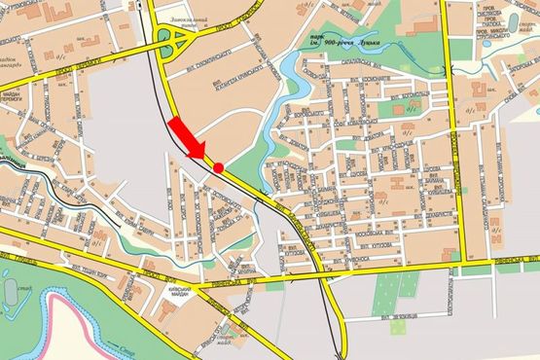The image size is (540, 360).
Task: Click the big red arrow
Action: coord(187,139)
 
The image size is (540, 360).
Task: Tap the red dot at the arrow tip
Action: coord(220,167)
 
